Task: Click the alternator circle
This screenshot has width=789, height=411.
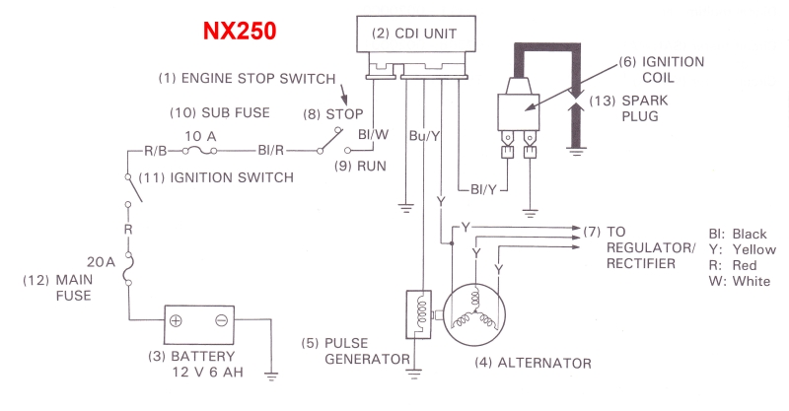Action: [474, 315]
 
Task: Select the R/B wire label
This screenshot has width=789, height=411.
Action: [158, 151]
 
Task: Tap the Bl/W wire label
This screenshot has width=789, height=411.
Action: [370, 134]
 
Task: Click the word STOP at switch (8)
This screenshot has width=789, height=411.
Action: [345, 114]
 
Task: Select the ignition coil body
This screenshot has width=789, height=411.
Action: [519, 105]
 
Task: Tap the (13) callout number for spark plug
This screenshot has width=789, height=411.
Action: [601, 99]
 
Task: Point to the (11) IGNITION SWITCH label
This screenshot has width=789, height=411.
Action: [216, 177]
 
